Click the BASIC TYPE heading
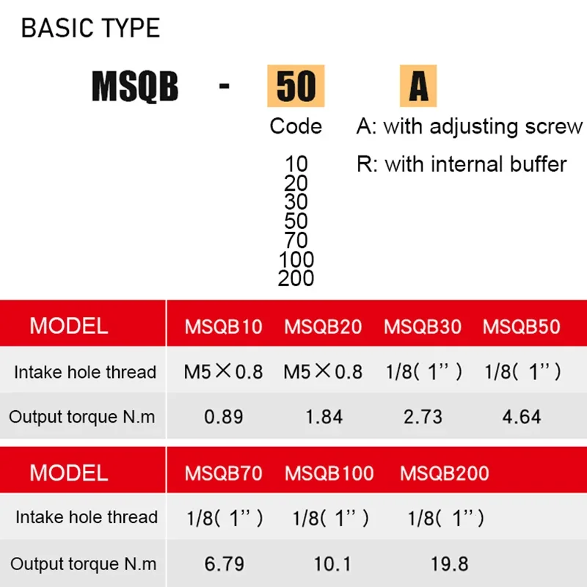pos(90,28)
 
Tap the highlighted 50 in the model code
pos(296,86)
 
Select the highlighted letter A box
pos(418,86)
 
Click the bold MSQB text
pos(135,87)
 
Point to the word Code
pos(296,126)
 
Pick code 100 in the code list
pos(296,259)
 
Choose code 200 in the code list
pos(296,278)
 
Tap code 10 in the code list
pos(296,164)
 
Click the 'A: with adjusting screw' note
pos(470,126)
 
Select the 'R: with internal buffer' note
pos(462,164)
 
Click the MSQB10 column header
pos(224,327)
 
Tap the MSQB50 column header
pos(522,327)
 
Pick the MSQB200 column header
pos(445,473)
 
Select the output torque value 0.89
pos(224,417)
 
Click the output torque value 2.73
pos(423,417)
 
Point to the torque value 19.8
pos(449,564)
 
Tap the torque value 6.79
pos(225,564)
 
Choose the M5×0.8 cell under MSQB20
pos(323,372)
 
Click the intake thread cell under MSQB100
pos(330,519)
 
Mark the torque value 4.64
pos(522,417)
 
